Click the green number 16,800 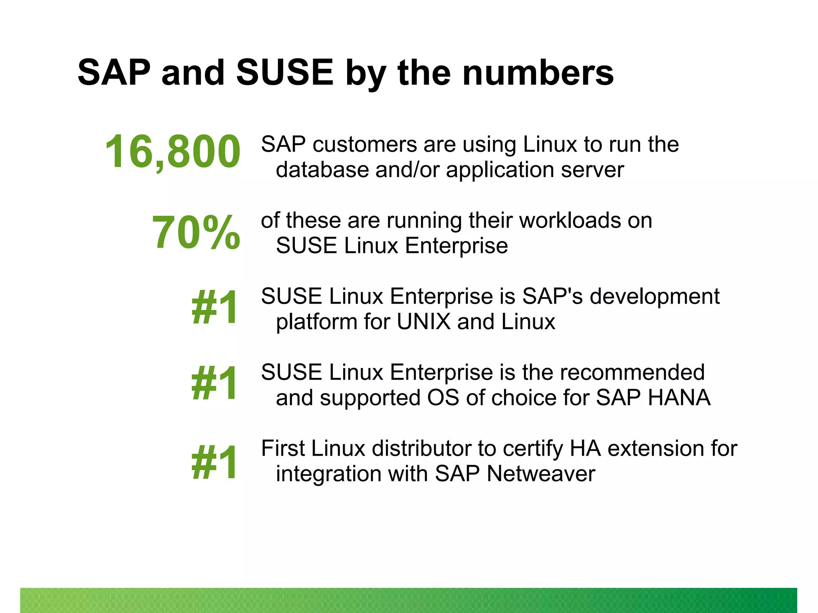173,152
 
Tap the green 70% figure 196,232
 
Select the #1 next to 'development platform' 215,307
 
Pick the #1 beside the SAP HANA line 215,384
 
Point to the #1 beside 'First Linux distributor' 215,463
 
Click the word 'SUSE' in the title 284,73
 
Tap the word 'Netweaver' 541,474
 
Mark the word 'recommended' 633,373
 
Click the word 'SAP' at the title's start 114,73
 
